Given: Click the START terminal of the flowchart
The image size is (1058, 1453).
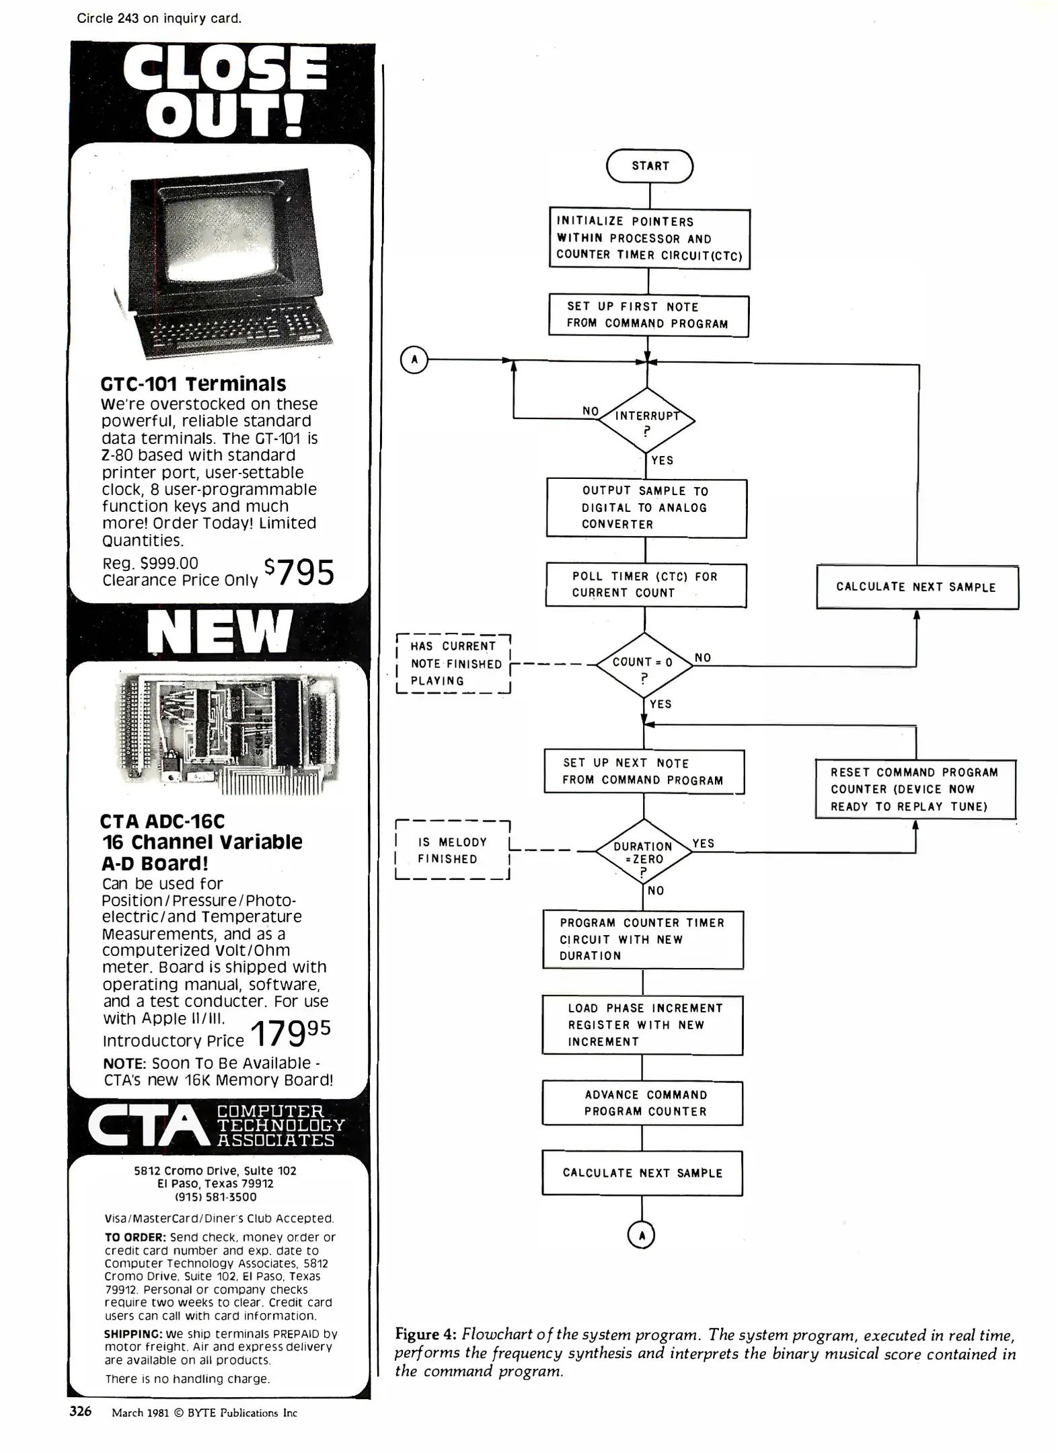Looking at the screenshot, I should coord(649,166).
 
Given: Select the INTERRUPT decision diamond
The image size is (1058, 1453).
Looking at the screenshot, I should coord(646,420).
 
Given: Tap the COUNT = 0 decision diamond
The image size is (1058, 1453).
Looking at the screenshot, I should coord(644,665).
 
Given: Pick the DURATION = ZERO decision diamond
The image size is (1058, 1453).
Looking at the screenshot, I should coord(643,852).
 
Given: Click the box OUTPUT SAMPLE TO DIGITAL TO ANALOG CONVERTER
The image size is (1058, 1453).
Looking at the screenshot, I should coord(646,508).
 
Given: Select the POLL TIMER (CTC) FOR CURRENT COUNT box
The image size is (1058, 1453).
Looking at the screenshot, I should coord(646,585).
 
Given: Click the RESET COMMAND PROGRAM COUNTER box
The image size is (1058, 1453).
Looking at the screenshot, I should coord(915,789).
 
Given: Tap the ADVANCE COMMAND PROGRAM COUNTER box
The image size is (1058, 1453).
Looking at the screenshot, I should coord(642,1103).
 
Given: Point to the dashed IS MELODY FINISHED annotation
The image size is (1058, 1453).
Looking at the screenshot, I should coord(452,850).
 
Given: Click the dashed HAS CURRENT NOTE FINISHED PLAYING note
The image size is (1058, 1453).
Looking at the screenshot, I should coord(454,663).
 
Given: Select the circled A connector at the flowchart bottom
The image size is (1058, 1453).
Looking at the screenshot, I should coord(641,1234).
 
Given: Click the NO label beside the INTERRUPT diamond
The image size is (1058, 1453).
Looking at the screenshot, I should coord(591,411).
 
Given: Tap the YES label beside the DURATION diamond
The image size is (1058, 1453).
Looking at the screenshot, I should coord(703,844).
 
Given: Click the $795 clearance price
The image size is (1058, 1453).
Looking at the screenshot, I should coord(300,572).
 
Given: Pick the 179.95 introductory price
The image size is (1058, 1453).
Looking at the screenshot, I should coord(290,1033).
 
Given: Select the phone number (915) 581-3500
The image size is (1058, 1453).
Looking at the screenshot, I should coord(215,1197).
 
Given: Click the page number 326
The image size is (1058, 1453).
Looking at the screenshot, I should coord(81,1411).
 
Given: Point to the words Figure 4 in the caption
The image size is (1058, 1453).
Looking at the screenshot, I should coord(426,1335).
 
